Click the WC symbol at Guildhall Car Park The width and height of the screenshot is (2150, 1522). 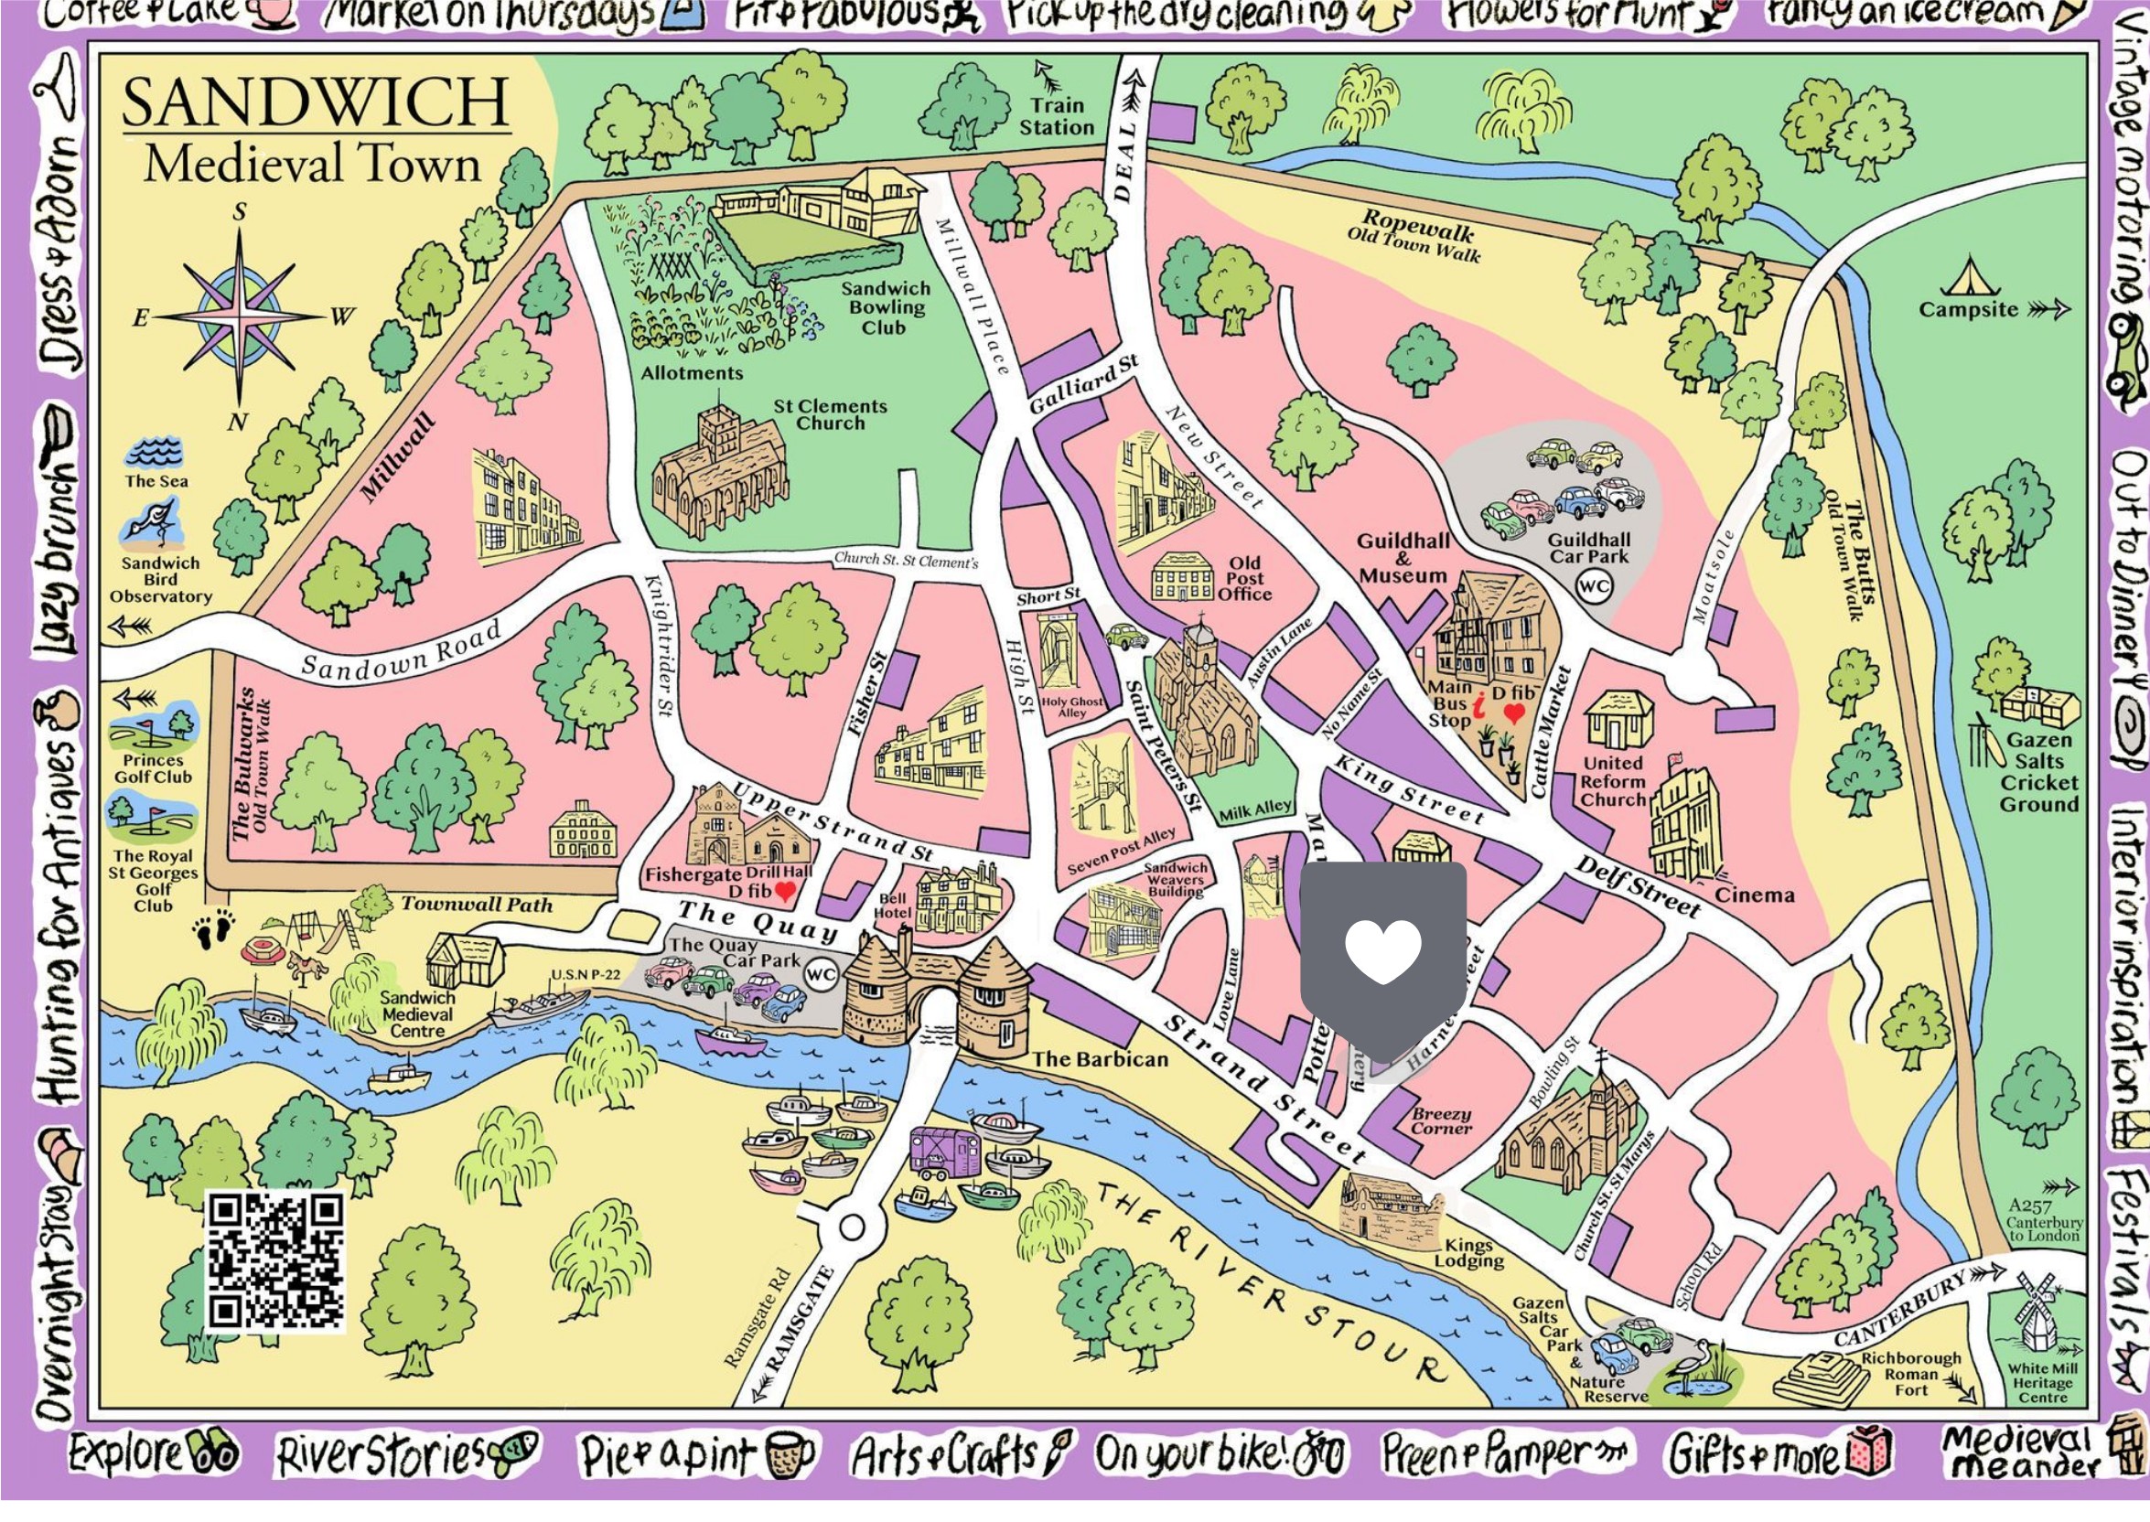tap(1595, 587)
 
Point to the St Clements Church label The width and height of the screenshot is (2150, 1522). tap(830, 414)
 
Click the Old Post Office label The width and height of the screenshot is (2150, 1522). tap(1243, 578)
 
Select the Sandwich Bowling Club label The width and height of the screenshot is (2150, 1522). tap(885, 307)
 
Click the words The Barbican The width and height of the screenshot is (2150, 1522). tap(1101, 1059)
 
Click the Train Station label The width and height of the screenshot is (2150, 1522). tap(1057, 117)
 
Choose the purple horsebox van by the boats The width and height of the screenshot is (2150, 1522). tap(945, 1152)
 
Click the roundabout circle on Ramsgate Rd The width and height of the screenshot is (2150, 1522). tap(851, 1226)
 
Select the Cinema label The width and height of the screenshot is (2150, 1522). tap(1755, 895)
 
